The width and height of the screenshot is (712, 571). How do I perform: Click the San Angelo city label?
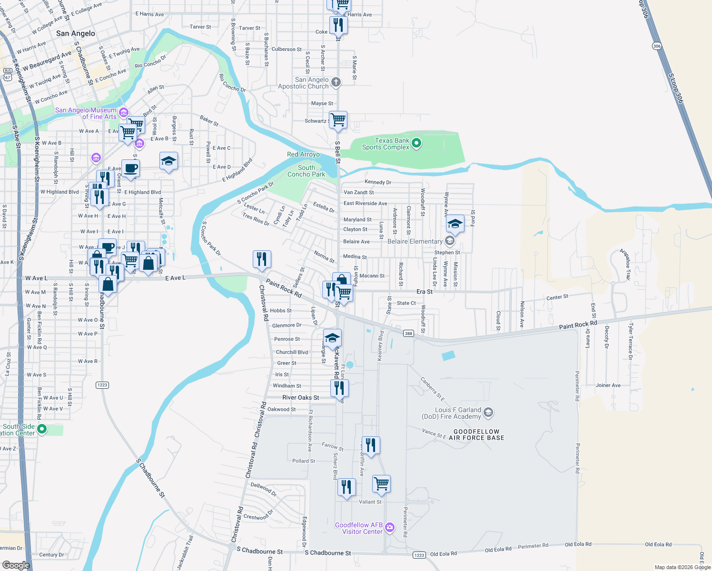pyautogui.click(x=76, y=33)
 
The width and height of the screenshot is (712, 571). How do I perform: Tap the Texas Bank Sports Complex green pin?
pyautogui.click(x=416, y=143)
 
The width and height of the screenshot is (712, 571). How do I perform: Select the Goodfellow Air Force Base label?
pyautogui.click(x=476, y=435)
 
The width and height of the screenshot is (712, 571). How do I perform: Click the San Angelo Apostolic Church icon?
pyautogui.click(x=336, y=82)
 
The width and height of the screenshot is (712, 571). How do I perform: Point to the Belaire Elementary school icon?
pyautogui.click(x=450, y=241)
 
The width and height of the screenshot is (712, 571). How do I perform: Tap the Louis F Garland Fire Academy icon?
pyautogui.click(x=488, y=413)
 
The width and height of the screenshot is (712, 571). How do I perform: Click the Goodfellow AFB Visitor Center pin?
pyautogui.click(x=390, y=527)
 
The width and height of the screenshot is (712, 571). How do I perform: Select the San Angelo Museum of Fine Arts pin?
pyautogui.click(x=124, y=113)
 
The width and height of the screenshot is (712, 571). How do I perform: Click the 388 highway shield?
pyautogui.click(x=408, y=334)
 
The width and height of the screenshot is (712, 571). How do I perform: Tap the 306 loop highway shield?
pyautogui.click(x=657, y=46)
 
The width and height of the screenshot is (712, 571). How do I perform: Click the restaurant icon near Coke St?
pyautogui.click(x=338, y=24)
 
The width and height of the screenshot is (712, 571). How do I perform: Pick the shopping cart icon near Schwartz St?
pyautogui.click(x=338, y=120)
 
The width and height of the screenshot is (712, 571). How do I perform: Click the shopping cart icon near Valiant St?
pyautogui.click(x=382, y=483)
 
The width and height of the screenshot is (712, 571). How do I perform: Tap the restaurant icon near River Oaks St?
pyautogui.click(x=340, y=388)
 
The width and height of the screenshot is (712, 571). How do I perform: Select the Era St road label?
pyautogui.click(x=425, y=292)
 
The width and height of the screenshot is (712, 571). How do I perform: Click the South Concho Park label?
pyautogui.click(x=307, y=171)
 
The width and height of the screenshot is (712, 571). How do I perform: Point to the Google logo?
pyautogui.click(x=16, y=565)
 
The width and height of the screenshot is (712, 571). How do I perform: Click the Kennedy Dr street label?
pyautogui.click(x=378, y=182)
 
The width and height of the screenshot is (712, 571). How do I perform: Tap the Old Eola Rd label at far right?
pyautogui.click(x=658, y=544)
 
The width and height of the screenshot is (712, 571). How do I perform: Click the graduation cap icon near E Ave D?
pyautogui.click(x=169, y=161)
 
